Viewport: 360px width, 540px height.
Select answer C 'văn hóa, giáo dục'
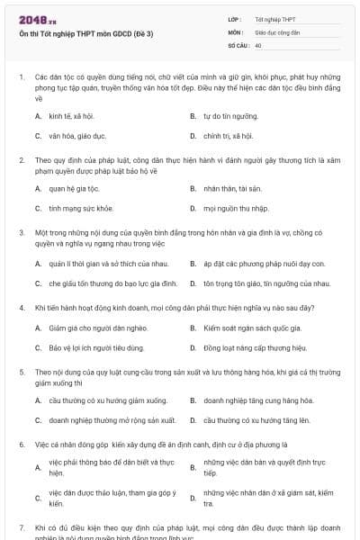point(77,136)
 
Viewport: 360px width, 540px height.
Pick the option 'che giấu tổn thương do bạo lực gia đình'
point(107,283)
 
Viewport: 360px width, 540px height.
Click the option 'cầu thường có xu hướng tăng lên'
point(256,419)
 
